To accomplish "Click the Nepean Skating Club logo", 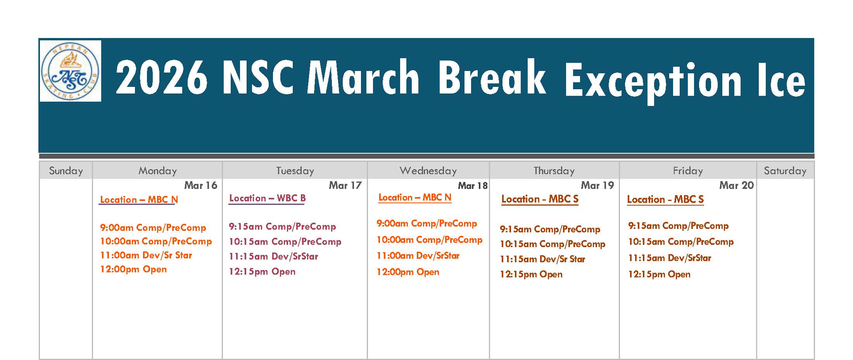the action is coord(70,71).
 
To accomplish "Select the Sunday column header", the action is coord(66,171).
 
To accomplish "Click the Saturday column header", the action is coord(785,171).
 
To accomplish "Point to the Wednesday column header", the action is coord(428,171).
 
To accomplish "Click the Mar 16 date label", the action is coord(201,185).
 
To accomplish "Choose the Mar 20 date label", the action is coord(736,185).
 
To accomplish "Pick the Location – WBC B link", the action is coord(267,198).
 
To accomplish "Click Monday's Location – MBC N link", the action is coord(139,200).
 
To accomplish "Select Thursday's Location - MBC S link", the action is coord(540,199).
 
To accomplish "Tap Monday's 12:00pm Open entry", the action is coord(133,269).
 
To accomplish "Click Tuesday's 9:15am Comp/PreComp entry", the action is coord(282,227).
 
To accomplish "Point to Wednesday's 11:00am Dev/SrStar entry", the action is coord(418,256).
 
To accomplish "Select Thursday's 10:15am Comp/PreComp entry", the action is coord(553,244).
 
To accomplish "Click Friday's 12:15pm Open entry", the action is coord(659,274).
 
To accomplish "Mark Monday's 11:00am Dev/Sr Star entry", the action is coord(146,255).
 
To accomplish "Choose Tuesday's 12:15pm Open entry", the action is coord(262,272).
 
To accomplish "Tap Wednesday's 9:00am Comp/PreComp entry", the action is coord(427,223).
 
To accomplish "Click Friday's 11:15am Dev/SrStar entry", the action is coord(670,258).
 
